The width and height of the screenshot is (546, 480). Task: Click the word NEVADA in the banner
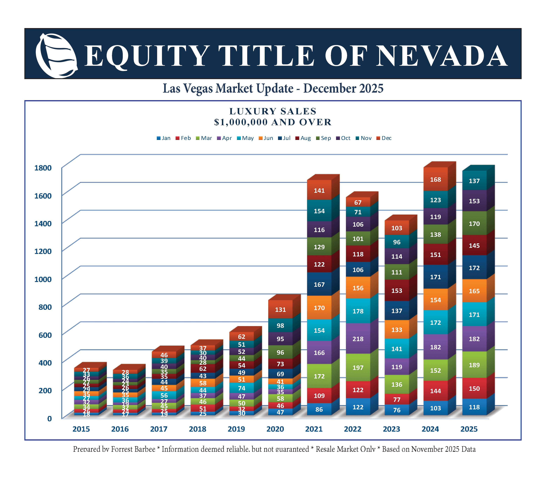tap(442, 56)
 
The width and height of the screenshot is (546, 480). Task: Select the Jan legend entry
tap(163, 138)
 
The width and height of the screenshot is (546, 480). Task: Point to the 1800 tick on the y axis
tap(43, 168)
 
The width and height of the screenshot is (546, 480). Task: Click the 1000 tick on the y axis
tap(43, 279)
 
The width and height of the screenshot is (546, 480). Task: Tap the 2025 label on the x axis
tap(469, 429)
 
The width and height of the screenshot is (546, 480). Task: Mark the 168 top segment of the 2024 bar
tap(435, 180)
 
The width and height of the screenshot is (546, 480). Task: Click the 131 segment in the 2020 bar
tap(280, 310)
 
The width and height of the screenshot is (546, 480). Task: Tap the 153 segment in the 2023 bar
tap(397, 291)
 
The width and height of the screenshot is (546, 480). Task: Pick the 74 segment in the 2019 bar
tap(242, 388)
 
